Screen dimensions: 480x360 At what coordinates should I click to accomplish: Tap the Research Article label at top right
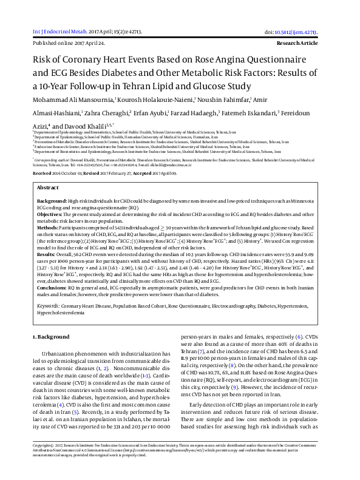pos(310,44)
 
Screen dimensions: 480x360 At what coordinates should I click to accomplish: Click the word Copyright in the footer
pos(41,461)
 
